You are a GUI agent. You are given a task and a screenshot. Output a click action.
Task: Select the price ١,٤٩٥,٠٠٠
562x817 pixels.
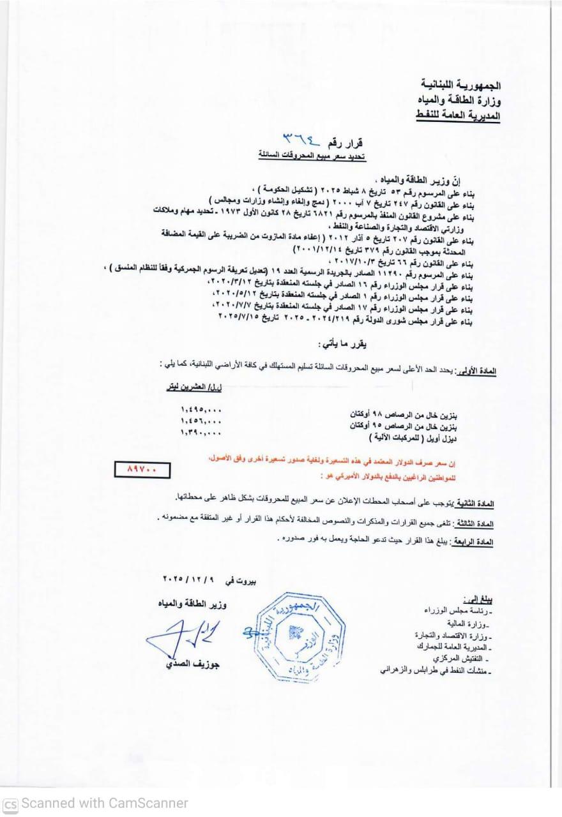pos(201,408)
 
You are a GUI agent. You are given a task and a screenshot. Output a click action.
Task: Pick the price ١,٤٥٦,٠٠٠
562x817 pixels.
pos(201,421)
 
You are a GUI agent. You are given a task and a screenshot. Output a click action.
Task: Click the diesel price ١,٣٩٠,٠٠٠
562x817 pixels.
pos(201,433)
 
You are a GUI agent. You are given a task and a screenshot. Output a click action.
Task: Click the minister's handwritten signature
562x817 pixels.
pos(176,636)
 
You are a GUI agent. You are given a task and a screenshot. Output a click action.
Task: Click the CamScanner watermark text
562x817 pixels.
pos(96,803)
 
